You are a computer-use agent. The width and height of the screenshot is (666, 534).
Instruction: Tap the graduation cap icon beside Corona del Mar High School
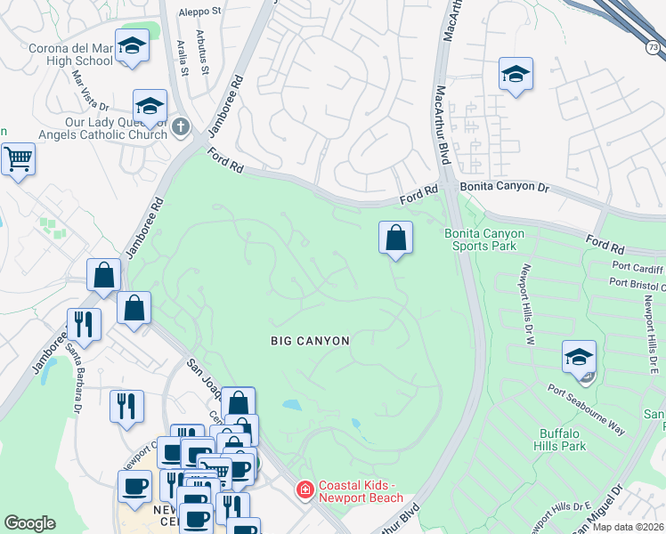pos(133,47)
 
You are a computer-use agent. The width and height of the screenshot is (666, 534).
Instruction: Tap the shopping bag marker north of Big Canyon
pos(396,239)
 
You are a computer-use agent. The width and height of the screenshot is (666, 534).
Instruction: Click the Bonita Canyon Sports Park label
pos(484,239)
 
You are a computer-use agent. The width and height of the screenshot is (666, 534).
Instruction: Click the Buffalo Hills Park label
pos(563,440)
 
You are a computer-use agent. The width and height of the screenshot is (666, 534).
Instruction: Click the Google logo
pos(29,523)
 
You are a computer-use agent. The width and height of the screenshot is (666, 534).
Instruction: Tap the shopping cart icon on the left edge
pos(17,160)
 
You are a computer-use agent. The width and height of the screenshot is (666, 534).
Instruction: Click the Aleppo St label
pos(199,12)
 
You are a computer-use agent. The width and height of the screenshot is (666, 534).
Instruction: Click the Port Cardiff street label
pos(636,266)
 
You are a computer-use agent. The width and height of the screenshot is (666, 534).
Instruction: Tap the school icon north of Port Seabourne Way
pos(579,357)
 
